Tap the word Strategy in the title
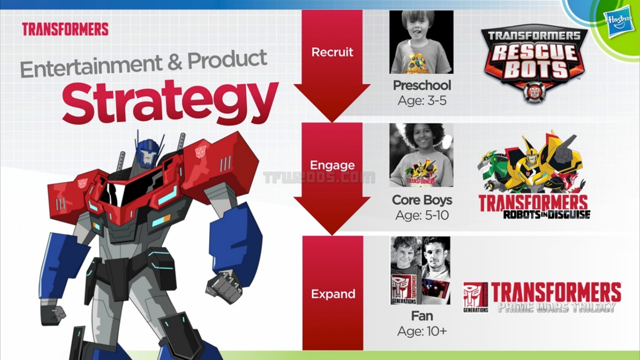click(x=170, y=103)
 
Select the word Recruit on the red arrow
click(x=332, y=52)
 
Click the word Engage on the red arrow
click(x=332, y=165)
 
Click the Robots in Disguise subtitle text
click(x=547, y=215)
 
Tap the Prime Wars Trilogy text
click(x=557, y=307)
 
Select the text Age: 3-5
click(x=422, y=101)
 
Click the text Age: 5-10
click(x=422, y=215)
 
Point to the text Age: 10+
click(x=422, y=331)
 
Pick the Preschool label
click(x=422, y=85)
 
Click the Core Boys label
click(x=422, y=200)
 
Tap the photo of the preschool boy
click(x=421, y=42)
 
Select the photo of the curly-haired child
click(x=421, y=155)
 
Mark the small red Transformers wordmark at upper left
click(x=65, y=29)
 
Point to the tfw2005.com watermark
click(x=319, y=178)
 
